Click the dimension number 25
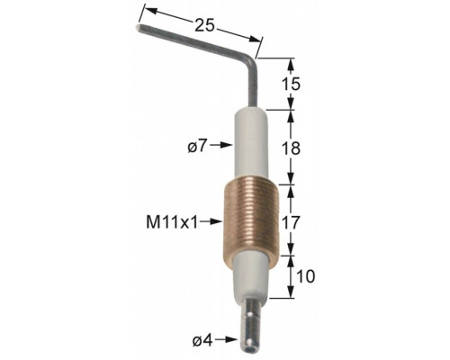[x=205, y=25]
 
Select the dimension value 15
[x=291, y=85]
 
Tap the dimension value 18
[x=291, y=148]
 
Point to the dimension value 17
[x=291, y=222]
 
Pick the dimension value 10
[x=305, y=276]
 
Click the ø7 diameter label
[x=197, y=146]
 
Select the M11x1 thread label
[x=172, y=222]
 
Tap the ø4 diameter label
[x=202, y=340]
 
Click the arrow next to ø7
[x=221, y=145]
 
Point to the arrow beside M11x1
[x=211, y=221]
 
